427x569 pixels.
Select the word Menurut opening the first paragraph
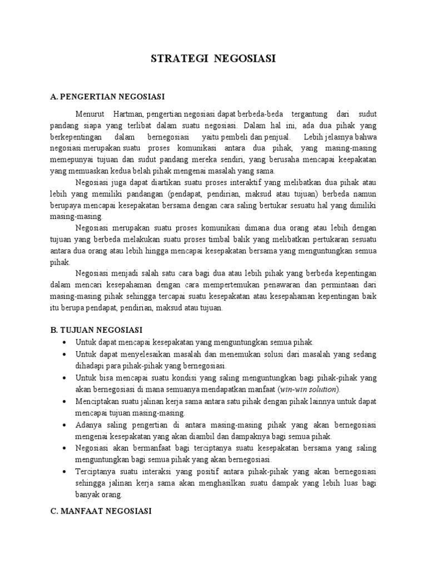tap(92, 114)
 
